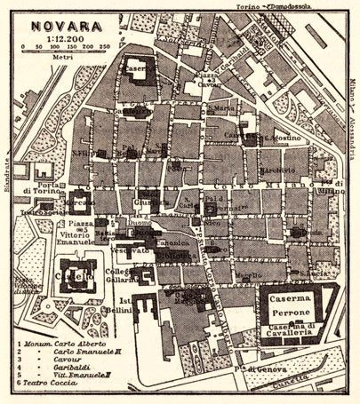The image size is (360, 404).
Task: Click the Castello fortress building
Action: point(77,277)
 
